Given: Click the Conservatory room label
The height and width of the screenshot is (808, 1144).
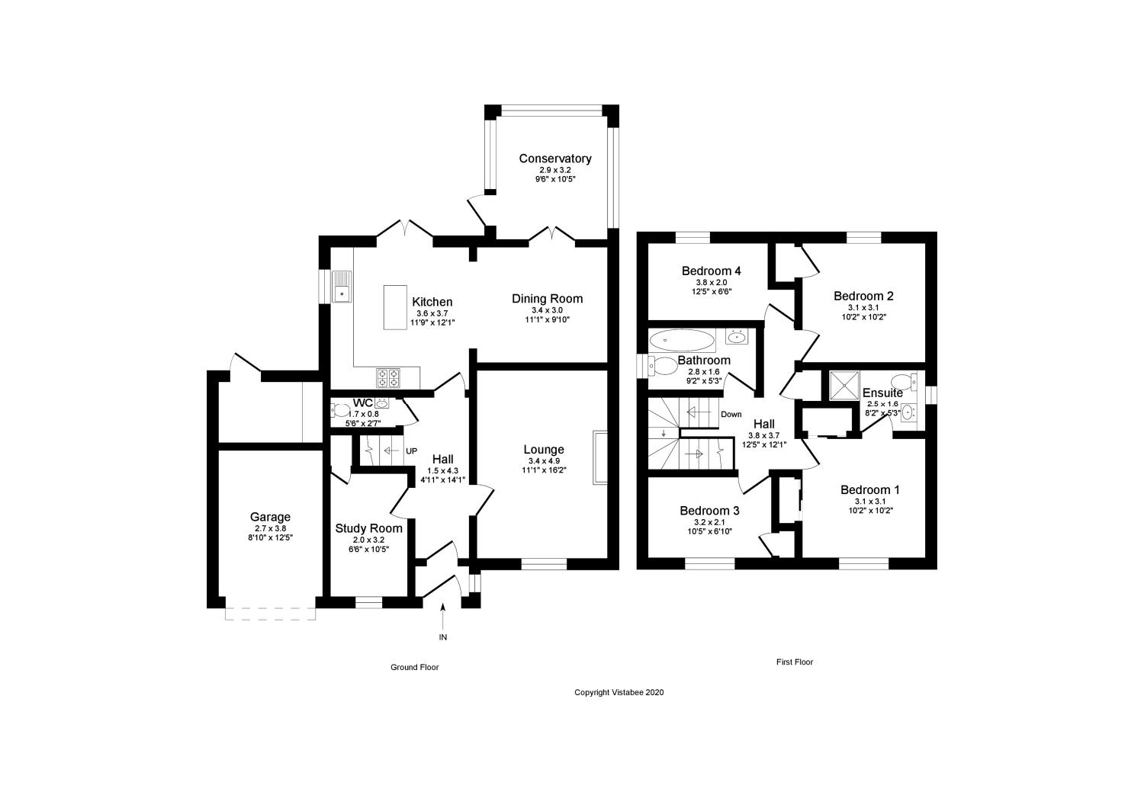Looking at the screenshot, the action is click(x=554, y=159).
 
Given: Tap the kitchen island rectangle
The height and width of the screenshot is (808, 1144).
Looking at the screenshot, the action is click(x=394, y=307).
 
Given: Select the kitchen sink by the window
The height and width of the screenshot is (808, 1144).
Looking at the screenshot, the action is click(x=342, y=287).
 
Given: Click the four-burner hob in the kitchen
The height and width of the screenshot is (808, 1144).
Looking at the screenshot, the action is click(x=388, y=377).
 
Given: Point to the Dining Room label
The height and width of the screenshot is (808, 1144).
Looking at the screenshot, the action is click(x=547, y=299).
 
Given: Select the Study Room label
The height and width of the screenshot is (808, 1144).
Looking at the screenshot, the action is click(x=368, y=528).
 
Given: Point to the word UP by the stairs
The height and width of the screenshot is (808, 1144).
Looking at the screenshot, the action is click(x=411, y=450).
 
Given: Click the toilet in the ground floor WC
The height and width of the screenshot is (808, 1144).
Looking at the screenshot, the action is click(x=339, y=411).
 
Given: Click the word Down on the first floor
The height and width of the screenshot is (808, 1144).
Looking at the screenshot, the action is click(x=731, y=415).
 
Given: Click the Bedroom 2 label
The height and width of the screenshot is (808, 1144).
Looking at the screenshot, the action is click(x=863, y=296).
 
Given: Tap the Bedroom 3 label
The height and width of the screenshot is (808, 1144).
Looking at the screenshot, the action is click(x=709, y=511).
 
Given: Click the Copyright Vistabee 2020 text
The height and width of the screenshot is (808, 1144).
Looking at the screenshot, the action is click(x=619, y=693).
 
